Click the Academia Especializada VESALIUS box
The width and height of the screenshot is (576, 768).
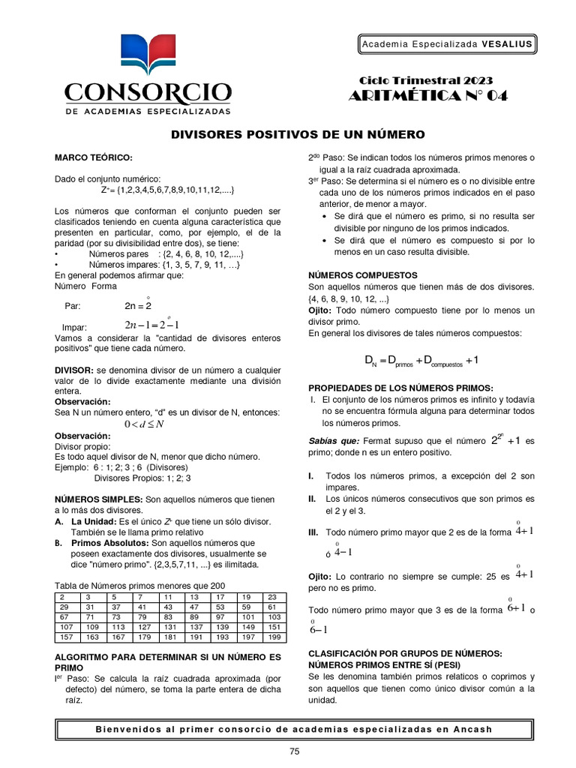click(x=447, y=44)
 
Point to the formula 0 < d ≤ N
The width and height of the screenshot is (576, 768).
click(x=144, y=424)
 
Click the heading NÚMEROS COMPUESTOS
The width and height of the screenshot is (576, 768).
click(x=362, y=275)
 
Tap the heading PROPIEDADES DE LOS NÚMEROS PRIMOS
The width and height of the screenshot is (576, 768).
click(x=401, y=387)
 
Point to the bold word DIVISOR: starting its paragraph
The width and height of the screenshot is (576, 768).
click(x=75, y=370)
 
